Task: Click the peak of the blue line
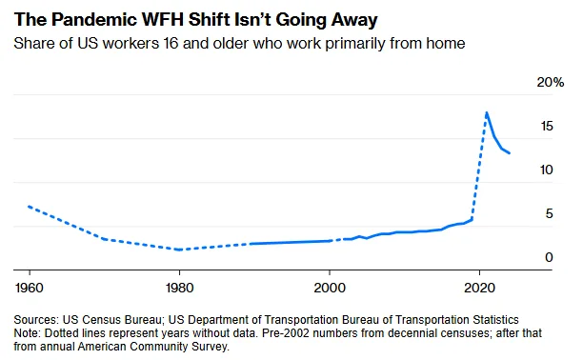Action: [487, 112]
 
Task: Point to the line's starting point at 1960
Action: [29, 206]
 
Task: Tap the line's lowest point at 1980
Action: [179, 250]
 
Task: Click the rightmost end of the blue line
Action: [510, 153]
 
